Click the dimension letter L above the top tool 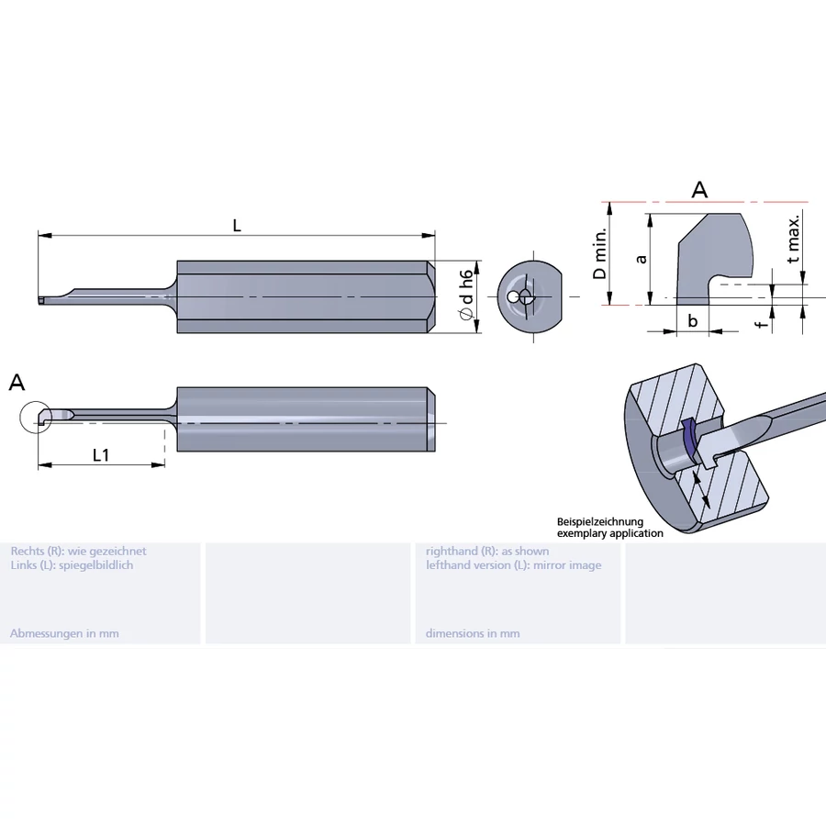pos(237,226)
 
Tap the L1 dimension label pos(101,454)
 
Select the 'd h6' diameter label pos(467,295)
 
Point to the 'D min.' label pos(599,254)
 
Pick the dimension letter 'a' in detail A pos(642,258)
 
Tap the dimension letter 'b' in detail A pos(693,320)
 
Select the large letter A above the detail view pos(699,190)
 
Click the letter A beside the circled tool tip pos(17,383)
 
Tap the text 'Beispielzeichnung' pos(600,521)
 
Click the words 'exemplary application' pos(610,533)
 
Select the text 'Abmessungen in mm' pos(64,633)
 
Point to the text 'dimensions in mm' pos(473,633)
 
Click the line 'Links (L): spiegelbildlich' pos(72,565)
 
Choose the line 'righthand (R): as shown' pos(487,552)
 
